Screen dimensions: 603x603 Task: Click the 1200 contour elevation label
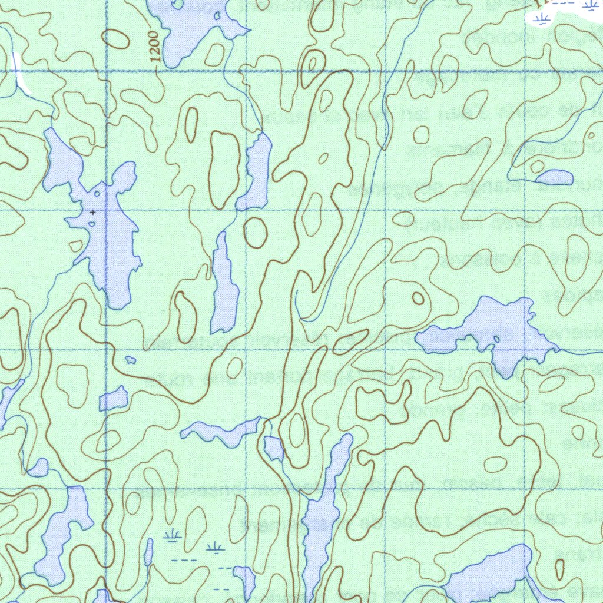pos(154,47)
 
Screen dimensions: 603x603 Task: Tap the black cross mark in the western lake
pos(93,211)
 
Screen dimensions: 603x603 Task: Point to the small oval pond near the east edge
pos(554,177)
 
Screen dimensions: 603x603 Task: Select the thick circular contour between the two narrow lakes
pos(256,233)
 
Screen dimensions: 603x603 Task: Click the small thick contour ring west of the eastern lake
pos(418,298)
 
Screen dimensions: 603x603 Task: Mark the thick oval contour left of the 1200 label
pos(117,39)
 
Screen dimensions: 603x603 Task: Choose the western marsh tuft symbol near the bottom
pos(172,536)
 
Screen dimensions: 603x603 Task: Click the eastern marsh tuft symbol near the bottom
pos(216,548)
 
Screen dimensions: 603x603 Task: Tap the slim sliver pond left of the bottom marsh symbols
pos(148,552)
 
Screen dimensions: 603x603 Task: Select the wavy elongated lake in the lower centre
pos(221,432)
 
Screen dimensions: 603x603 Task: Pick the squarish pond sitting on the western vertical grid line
pos(113,399)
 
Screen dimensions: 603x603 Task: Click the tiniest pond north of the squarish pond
pos(130,359)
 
